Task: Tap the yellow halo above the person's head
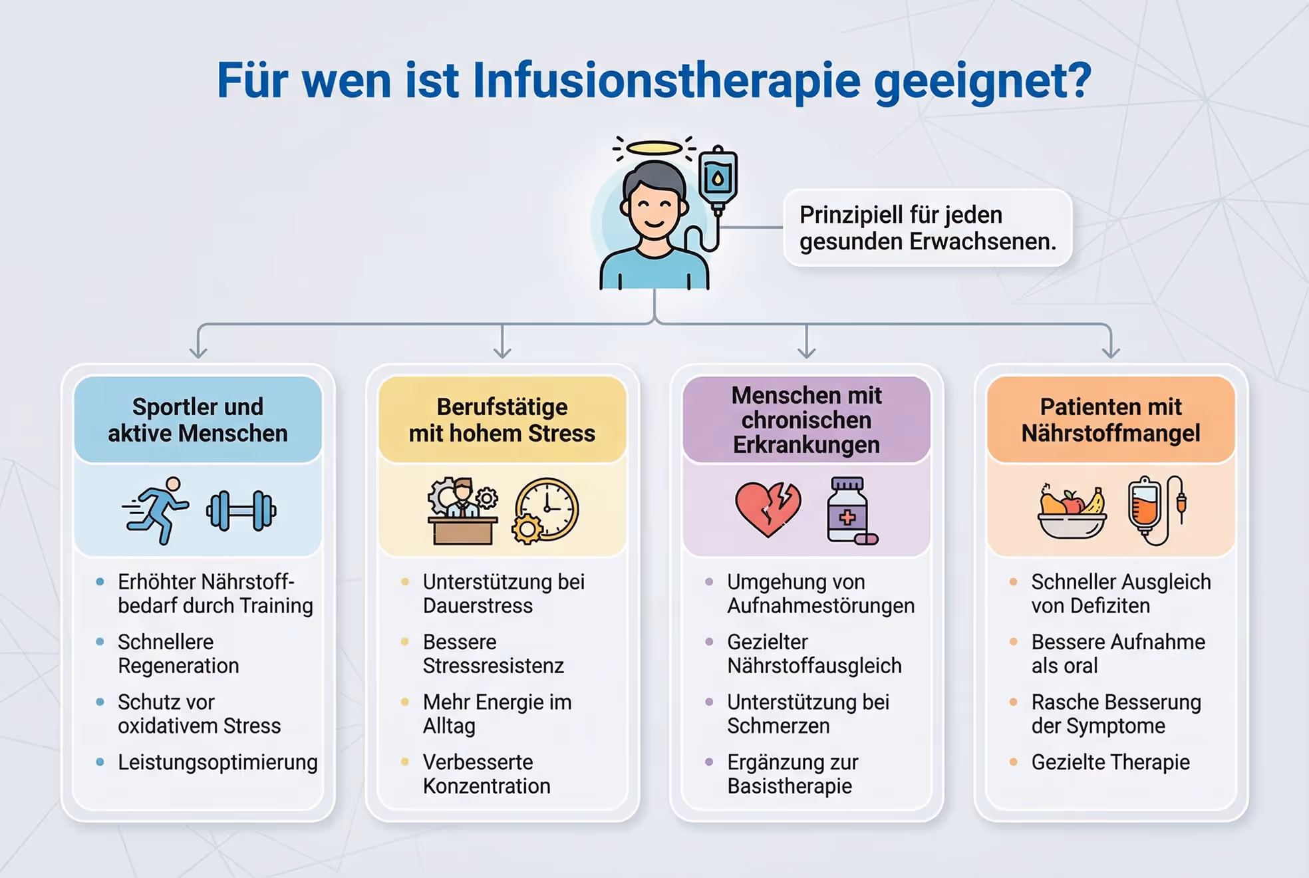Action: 654,148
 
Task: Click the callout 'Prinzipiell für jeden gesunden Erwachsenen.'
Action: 927,228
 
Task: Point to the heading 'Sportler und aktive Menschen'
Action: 198,420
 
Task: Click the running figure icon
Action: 157,511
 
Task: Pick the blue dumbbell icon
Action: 241,511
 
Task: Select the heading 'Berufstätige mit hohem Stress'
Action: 502,420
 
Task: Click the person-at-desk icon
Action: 462,511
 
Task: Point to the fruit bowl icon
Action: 1072,512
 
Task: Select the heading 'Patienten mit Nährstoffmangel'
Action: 1111,420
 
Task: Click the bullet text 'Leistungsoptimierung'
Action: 218,762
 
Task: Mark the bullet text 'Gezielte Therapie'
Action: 1110,762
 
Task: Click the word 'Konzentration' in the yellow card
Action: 486,786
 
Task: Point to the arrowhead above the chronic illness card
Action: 806,351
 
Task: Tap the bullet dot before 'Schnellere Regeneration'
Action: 100,642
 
